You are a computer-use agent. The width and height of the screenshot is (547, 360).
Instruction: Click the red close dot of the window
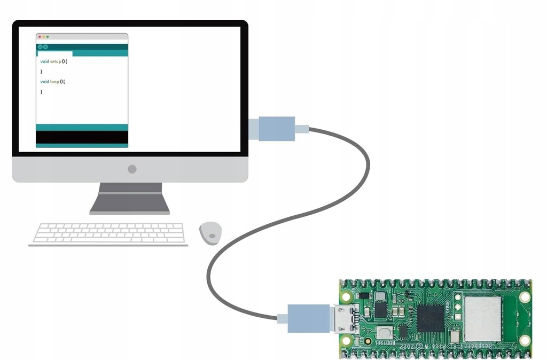40,37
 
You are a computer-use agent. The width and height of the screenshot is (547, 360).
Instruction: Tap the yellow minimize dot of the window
43,37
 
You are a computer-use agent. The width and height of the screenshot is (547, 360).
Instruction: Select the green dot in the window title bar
47,37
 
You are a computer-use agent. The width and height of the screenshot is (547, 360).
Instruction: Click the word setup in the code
56,61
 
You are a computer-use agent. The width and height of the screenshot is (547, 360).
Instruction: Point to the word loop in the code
54,82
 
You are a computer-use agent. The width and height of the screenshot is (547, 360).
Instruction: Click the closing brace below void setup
41,71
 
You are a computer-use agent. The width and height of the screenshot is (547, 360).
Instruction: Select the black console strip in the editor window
82,137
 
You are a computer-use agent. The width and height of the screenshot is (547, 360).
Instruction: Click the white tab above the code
54,53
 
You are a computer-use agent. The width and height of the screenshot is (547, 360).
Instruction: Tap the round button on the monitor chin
132,169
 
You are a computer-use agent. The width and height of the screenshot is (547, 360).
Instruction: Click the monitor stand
130,199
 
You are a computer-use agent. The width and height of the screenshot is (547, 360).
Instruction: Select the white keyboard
108,233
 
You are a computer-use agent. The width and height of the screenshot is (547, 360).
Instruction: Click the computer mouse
210,233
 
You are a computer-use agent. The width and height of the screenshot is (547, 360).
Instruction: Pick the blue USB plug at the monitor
277,129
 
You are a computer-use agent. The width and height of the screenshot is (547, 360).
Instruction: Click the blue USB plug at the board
308,318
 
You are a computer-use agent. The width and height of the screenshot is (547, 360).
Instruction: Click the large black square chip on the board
431,319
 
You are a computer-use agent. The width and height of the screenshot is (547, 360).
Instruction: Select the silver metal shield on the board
482,319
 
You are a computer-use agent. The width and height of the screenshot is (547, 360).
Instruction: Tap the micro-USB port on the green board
343,319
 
